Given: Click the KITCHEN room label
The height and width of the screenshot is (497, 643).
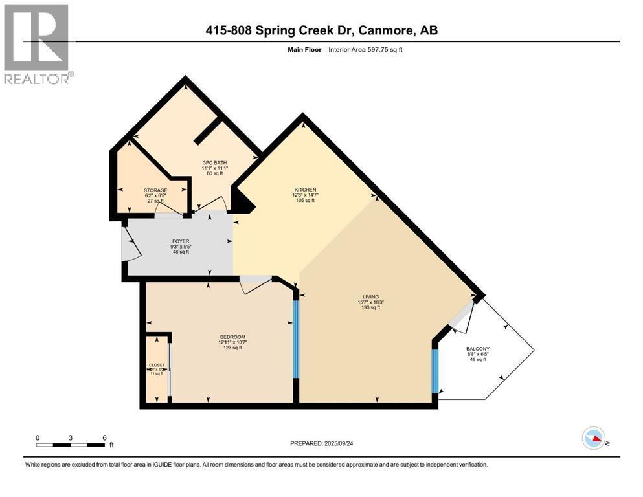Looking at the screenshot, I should [304, 190].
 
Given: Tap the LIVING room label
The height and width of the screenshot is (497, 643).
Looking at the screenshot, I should [371, 296].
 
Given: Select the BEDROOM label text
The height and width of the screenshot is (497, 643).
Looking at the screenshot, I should [232, 337].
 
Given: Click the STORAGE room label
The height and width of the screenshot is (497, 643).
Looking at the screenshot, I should [155, 190].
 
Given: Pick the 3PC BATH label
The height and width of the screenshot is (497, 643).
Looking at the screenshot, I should [214, 162].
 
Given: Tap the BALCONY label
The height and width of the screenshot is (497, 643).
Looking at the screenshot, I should [479, 349].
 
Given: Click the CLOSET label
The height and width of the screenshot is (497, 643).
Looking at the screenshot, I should [157, 365].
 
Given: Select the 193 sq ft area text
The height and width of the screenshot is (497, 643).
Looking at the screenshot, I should [371, 307].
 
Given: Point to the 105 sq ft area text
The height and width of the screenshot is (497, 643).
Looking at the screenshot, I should [304, 201].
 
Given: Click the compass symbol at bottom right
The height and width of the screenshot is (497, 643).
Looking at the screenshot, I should [593, 439].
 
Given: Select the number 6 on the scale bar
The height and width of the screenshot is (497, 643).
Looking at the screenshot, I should [104, 437].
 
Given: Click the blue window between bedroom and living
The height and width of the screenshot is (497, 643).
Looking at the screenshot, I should [296, 340].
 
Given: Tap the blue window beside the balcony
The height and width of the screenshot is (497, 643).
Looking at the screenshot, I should [436, 370].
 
